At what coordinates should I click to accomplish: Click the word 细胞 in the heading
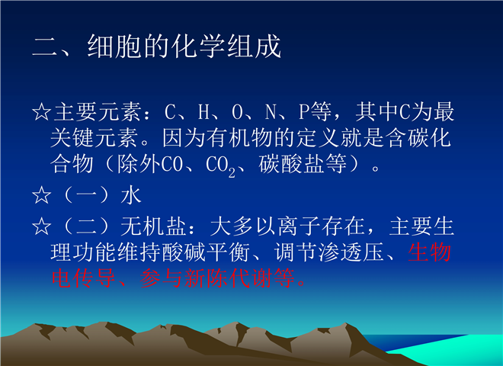tap(114, 47)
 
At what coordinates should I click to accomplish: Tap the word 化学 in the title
tap(198, 47)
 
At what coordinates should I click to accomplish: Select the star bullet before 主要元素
tap(42, 112)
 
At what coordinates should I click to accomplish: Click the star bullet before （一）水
tap(42, 195)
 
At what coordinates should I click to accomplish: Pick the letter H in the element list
tap(203, 112)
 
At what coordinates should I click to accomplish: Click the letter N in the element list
tap(271, 112)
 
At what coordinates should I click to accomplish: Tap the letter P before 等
tap(304, 112)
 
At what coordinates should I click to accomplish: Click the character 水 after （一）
tap(131, 195)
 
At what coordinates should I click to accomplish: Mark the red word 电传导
tap(83, 278)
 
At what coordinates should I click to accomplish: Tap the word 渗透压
tap(351, 252)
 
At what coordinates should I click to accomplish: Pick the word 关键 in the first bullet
tap(72, 138)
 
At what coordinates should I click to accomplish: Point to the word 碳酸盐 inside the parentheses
tap(292, 164)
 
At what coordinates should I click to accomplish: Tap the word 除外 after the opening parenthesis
tap(139, 164)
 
